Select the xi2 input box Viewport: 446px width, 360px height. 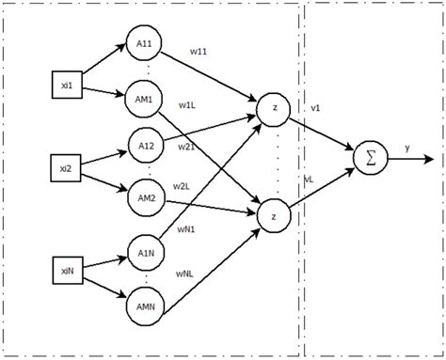click(65, 169)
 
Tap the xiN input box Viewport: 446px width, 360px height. click(65, 273)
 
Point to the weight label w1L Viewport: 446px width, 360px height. click(187, 105)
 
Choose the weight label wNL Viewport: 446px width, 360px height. click(186, 274)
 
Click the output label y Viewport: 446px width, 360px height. click(407, 148)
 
